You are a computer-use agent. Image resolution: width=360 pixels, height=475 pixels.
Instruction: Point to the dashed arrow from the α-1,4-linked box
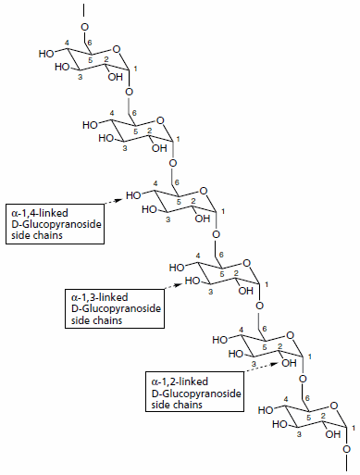pyautogui.click(x=115, y=199)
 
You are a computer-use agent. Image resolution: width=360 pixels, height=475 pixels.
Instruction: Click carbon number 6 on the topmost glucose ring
pyautogui.click(x=91, y=45)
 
